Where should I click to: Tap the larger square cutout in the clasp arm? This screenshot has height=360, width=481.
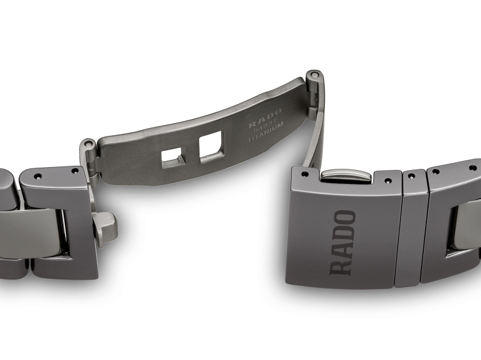coord(210,146)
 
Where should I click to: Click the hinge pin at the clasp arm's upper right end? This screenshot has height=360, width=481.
coord(313,76)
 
